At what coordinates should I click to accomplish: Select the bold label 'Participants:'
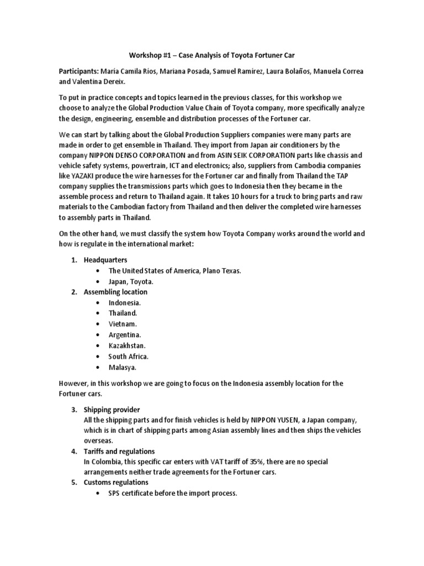(81, 72)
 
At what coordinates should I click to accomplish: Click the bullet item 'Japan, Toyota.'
(130, 281)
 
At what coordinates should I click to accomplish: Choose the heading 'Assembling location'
(115, 292)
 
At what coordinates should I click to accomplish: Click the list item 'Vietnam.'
(123, 324)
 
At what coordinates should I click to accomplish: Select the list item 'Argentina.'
(125, 335)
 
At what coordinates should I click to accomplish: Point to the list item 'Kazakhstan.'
(127, 345)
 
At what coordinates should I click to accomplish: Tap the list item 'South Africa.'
(128, 357)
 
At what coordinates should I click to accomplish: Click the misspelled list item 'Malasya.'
(122, 367)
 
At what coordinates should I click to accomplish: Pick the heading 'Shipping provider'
(112, 410)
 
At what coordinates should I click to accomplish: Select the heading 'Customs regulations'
(116, 483)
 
